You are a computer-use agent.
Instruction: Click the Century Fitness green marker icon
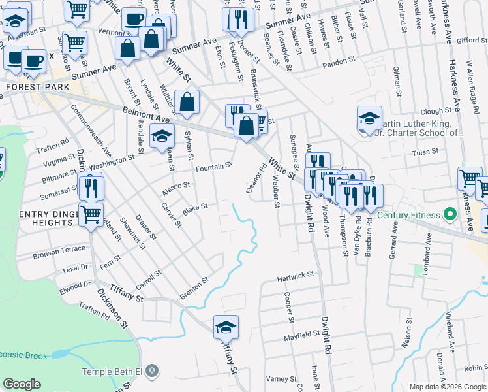449,214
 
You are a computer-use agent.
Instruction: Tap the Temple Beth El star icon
152,372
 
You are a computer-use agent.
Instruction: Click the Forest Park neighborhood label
27,86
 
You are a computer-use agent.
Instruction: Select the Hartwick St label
296,277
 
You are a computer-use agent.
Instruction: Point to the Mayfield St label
301,335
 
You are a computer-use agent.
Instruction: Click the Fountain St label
214,167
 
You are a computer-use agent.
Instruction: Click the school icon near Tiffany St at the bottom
226,327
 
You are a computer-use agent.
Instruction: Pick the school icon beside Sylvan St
161,137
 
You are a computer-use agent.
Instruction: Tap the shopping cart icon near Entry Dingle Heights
91,213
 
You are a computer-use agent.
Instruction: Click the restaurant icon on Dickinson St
91,188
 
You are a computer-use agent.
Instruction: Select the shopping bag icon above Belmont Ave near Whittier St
187,103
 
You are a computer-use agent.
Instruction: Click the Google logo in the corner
22,384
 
